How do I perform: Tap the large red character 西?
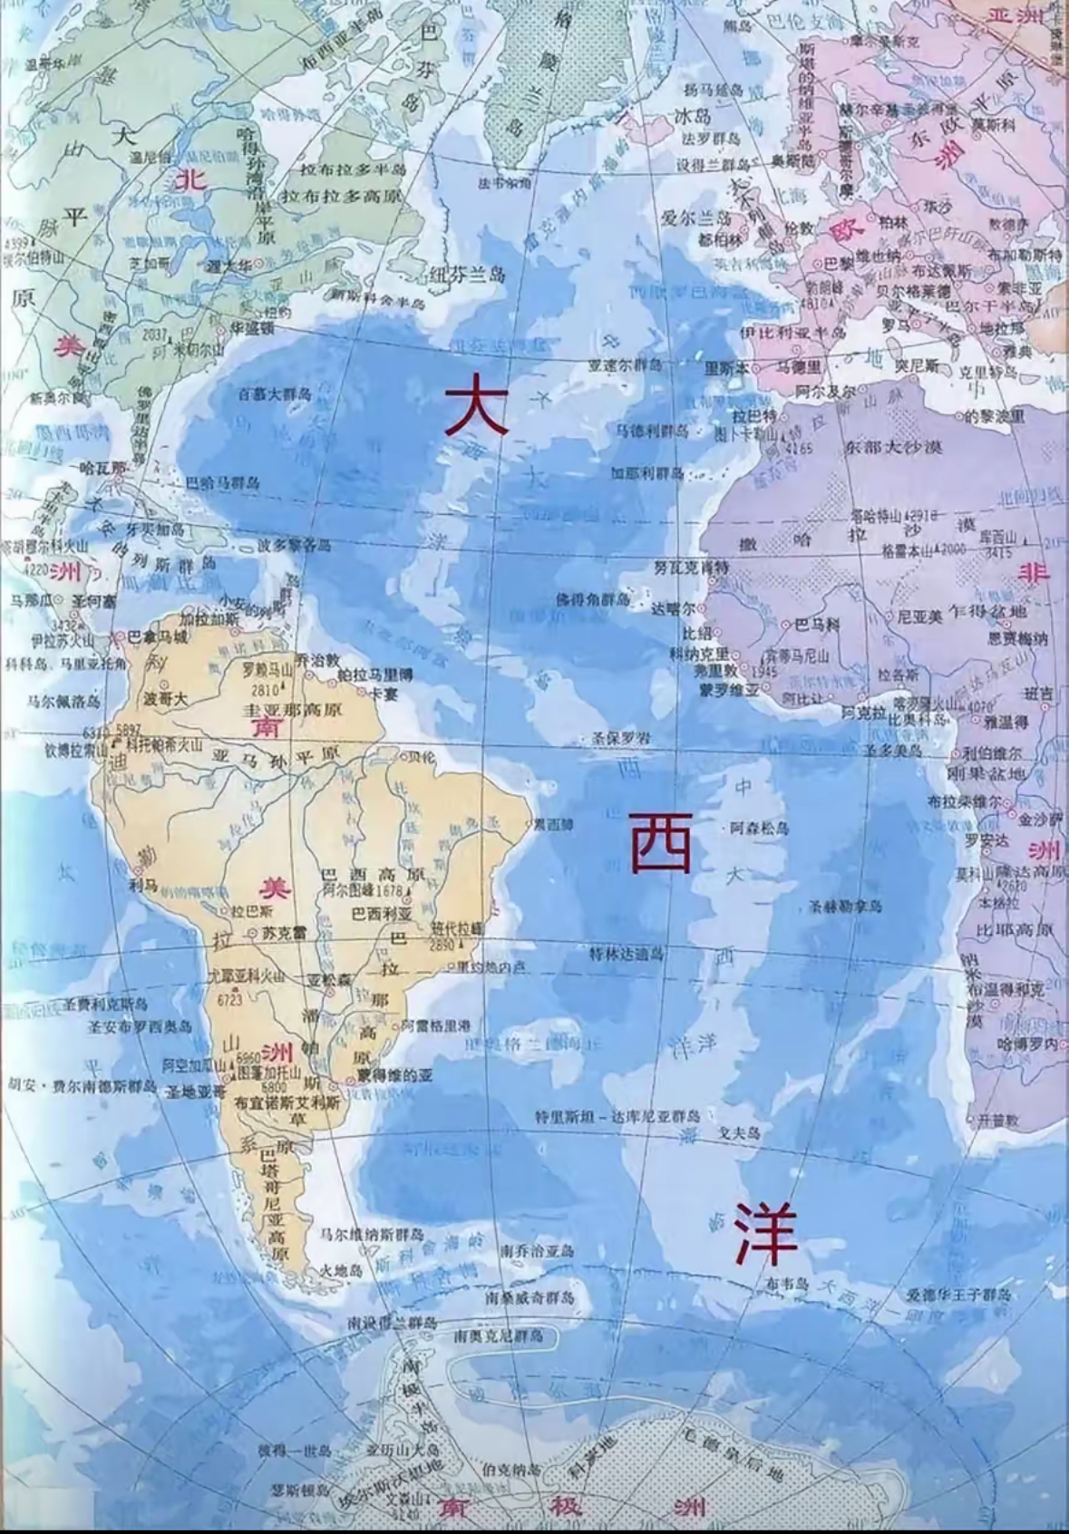click(x=662, y=842)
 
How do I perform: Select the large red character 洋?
click(x=766, y=1234)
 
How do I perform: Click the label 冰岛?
click(x=693, y=117)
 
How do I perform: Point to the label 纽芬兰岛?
click(x=468, y=274)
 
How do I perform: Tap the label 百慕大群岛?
click(x=275, y=394)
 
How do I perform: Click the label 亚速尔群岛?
click(x=625, y=365)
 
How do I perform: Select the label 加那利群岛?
click(x=646, y=473)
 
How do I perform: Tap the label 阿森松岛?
click(x=759, y=828)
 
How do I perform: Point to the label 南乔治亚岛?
click(x=538, y=1251)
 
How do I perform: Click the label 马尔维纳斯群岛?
click(x=372, y=1234)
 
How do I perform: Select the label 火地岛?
click(x=342, y=1271)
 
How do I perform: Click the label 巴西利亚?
click(x=382, y=913)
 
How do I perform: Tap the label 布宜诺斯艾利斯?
click(x=287, y=1103)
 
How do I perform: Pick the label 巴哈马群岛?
click(x=222, y=483)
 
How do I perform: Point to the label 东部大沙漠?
click(x=893, y=447)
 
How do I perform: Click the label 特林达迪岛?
click(x=627, y=954)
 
